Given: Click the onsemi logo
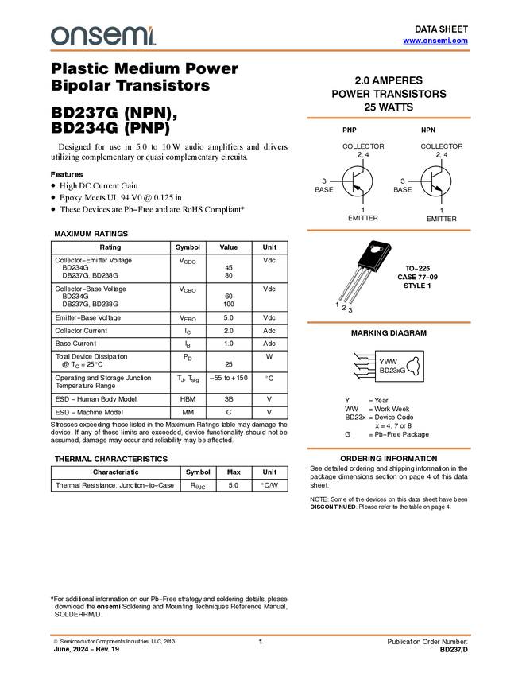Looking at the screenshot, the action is click(x=102, y=36).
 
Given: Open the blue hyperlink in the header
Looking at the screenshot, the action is click(x=435, y=41).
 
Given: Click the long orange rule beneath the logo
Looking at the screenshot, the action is click(x=261, y=51).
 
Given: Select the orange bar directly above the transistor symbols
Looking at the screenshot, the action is click(x=389, y=118).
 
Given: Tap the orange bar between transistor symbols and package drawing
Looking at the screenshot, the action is click(x=389, y=231).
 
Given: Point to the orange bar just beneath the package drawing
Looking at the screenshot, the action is click(x=389, y=322).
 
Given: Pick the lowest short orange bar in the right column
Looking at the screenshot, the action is click(x=389, y=449).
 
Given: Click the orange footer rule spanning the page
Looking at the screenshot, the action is click(x=261, y=635).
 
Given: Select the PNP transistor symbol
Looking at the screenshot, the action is click(x=358, y=182).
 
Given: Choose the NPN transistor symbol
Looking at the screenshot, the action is click(x=436, y=182).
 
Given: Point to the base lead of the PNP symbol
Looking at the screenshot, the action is click(x=347, y=182).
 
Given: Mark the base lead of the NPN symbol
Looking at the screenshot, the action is click(x=426, y=182).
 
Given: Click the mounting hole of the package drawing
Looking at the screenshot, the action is click(x=374, y=249).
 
